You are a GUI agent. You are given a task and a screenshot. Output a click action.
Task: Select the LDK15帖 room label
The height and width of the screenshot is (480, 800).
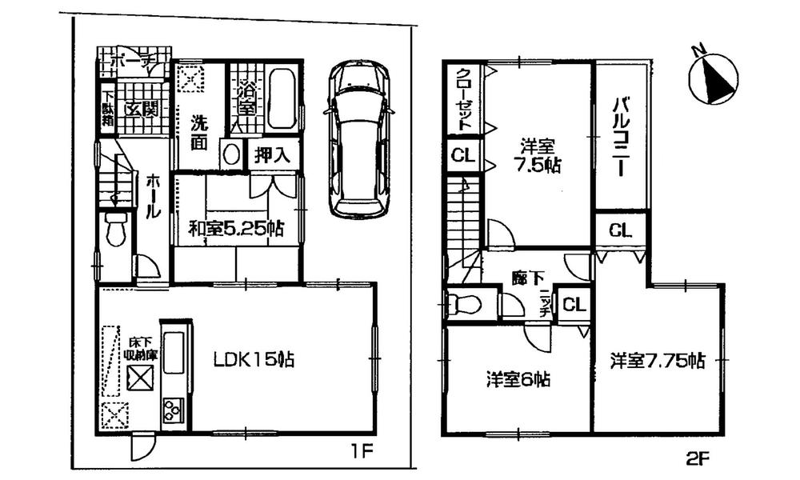[x=254, y=361]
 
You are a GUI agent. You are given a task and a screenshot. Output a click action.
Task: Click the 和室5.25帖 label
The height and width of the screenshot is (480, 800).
[x=235, y=229]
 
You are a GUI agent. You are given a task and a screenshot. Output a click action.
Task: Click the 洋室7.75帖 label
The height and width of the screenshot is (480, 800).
[x=658, y=361]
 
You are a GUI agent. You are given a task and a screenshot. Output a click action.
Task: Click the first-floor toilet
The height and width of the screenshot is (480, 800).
[x=116, y=230]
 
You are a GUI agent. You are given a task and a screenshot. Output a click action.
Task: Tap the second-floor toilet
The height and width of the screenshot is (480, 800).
[x=465, y=305]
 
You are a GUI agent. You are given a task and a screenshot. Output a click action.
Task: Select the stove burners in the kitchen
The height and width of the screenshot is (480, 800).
[x=172, y=410]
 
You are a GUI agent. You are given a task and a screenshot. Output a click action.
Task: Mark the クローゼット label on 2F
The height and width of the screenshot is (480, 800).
[x=463, y=101]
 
